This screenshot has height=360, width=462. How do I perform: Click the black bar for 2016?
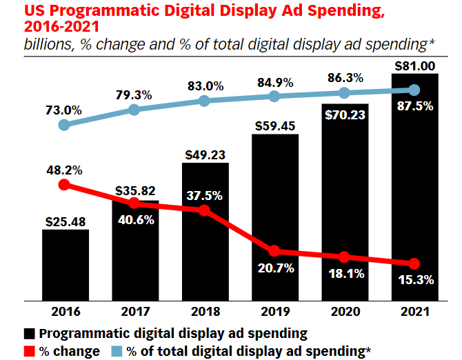pyautogui.click(x=65, y=265)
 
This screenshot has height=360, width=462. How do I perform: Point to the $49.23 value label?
pyautogui.click(x=205, y=153)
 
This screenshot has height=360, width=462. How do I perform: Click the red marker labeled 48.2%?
pyautogui.click(x=64, y=184)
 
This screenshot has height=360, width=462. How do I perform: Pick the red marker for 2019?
pyautogui.click(x=274, y=251)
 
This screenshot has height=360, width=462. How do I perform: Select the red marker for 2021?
pyautogui.click(x=414, y=263)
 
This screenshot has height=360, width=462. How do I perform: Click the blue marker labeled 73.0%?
pyautogui.click(x=64, y=125)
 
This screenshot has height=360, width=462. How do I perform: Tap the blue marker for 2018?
pyautogui.click(x=205, y=101)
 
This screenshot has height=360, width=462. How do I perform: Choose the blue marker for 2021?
pyautogui.click(x=414, y=90)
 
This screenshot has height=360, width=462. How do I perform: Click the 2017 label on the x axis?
pyautogui.click(x=134, y=311)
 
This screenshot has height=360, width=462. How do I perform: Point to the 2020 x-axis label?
pyautogui.click(x=344, y=311)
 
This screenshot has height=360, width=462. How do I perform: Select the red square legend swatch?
pyautogui.click(x=30, y=350)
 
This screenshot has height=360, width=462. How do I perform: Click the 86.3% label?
pyautogui.click(x=345, y=74)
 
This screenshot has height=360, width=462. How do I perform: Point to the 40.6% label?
pyautogui.click(x=135, y=222)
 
